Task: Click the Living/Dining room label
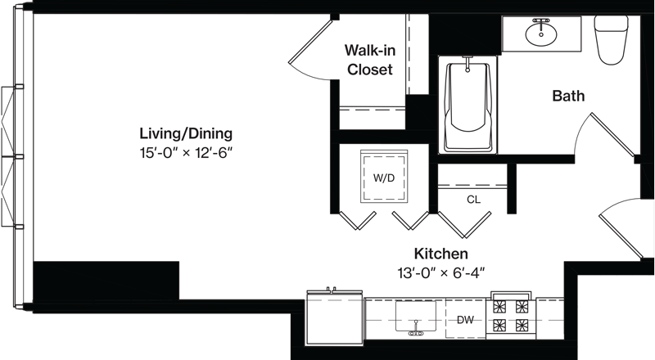[x=186, y=134]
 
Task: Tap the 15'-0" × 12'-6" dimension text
[x=186, y=153]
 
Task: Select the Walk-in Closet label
[x=370, y=60]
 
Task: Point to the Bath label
[x=568, y=96]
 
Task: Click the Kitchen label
[x=441, y=254]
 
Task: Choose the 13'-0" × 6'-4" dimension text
[x=441, y=272]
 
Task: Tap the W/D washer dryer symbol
[x=384, y=177]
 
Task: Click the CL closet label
[x=473, y=200]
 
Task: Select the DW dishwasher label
[x=465, y=320]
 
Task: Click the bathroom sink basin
[x=541, y=34]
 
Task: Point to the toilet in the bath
[x=612, y=39]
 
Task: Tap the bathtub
[x=468, y=106]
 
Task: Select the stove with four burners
[x=510, y=316]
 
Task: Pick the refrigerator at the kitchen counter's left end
[x=335, y=317]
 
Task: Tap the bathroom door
[x=606, y=134]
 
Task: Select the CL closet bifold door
[x=464, y=225]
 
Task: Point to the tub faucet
[x=468, y=63]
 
